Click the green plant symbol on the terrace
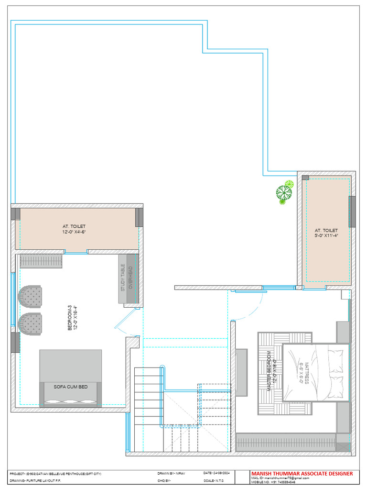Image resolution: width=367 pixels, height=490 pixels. (x=284, y=192)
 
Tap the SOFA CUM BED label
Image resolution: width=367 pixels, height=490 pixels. (x=71, y=387)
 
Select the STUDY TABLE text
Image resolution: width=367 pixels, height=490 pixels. (x=123, y=278)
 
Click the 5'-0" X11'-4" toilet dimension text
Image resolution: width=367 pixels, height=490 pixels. (x=326, y=236)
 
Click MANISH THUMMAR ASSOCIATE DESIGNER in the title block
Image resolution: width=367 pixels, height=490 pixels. (x=302, y=474)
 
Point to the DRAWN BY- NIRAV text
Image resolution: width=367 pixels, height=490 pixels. (x=171, y=473)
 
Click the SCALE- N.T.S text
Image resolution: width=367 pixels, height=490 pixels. (x=214, y=480)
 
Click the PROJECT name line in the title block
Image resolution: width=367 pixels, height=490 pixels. (x=55, y=473)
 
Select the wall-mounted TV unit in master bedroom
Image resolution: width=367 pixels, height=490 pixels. (x=241, y=373)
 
